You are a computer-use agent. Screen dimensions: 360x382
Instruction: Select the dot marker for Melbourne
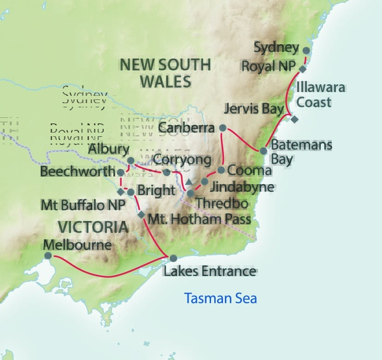click(x=47, y=255)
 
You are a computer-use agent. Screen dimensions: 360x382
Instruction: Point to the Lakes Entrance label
click(x=210, y=271)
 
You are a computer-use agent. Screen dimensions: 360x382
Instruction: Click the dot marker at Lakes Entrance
click(x=173, y=258)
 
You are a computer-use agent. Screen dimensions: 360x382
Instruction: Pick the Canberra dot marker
click(x=223, y=128)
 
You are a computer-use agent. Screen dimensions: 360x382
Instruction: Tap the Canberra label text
click(x=187, y=128)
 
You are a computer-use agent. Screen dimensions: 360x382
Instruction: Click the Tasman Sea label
click(x=221, y=298)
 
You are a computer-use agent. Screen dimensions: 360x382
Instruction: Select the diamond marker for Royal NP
click(x=303, y=69)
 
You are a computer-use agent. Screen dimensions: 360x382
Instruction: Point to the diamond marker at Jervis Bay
click(x=295, y=119)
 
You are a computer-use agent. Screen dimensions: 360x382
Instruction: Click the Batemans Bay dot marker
click(x=264, y=151)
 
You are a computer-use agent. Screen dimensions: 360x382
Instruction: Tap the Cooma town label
click(x=250, y=171)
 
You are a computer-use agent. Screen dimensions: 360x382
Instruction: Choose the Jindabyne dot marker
click(x=205, y=181)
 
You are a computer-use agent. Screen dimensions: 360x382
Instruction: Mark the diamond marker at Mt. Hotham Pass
click(x=141, y=215)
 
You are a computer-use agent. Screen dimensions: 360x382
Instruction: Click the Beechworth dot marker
click(x=121, y=172)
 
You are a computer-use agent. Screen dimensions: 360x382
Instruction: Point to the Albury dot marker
click(x=131, y=161)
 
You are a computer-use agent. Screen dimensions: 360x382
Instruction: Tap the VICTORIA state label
click(x=93, y=226)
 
